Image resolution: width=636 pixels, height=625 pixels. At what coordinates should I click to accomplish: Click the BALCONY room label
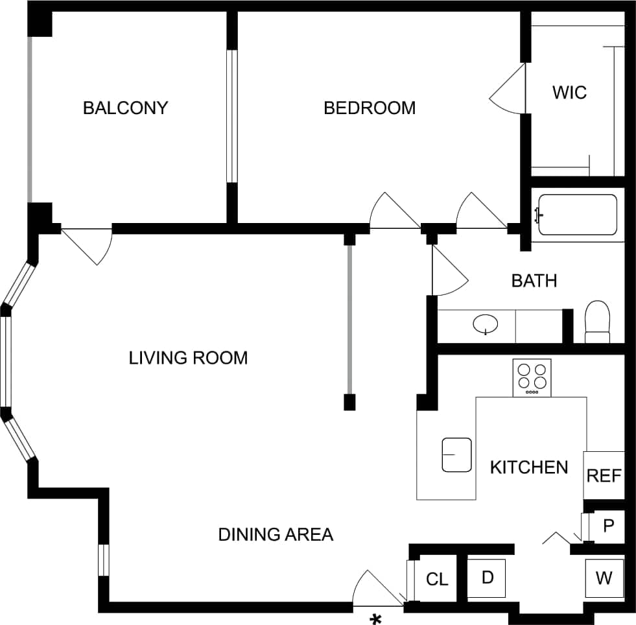click(125, 108)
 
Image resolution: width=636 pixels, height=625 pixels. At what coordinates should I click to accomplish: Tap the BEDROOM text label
click(370, 108)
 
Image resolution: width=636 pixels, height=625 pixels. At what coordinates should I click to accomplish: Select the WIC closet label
click(569, 92)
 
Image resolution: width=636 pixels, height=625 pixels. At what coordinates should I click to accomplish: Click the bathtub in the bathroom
click(577, 215)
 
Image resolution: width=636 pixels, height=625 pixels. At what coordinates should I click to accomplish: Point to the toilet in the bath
click(597, 322)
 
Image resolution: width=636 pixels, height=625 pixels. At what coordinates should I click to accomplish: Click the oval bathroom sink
click(486, 322)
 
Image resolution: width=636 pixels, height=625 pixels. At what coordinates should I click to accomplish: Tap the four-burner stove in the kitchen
click(532, 377)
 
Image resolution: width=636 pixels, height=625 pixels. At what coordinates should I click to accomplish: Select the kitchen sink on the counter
click(456, 454)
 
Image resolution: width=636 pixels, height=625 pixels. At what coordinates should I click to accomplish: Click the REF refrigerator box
click(604, 475)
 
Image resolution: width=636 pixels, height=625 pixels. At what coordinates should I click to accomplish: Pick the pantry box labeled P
click(608, 526)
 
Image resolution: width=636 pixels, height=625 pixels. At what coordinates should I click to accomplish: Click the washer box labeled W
click(604, 578)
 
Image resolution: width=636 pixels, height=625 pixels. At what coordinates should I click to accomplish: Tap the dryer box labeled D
click(487, 576)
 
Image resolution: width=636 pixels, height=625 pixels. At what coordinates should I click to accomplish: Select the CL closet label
click(437, 579)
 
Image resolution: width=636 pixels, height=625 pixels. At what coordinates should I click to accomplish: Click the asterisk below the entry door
click(375, 619)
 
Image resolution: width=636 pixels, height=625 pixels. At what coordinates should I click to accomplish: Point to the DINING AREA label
click(276, 534)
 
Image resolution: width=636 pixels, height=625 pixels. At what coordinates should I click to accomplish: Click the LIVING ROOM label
click(188, 358)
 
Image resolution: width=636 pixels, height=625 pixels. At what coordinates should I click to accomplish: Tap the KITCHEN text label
click(529, 467)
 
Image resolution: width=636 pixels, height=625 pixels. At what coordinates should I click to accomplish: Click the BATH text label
click(534, 281)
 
